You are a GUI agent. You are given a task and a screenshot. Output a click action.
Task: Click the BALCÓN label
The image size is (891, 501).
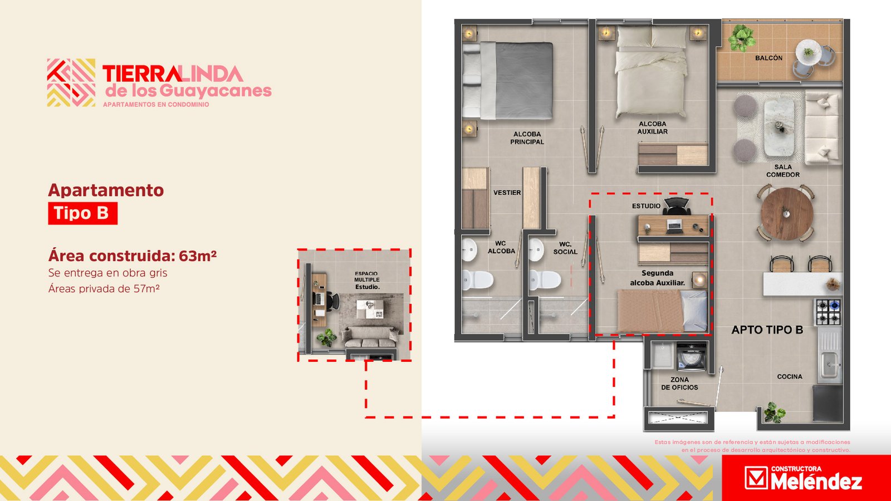768,58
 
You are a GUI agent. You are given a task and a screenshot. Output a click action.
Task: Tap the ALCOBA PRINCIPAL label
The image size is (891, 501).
527,138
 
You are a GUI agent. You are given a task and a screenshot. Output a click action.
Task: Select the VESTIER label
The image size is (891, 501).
507,193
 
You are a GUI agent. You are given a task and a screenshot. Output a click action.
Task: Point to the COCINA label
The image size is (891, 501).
790,376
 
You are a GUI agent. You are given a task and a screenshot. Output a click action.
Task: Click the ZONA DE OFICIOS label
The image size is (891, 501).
679,384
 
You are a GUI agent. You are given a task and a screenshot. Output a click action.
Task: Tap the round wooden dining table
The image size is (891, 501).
787,214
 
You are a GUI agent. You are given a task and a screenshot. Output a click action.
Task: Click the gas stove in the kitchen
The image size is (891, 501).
829,312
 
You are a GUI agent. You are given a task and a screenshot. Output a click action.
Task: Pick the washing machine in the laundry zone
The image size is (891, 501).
692,357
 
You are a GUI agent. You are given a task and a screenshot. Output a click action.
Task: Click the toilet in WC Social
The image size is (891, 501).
545,280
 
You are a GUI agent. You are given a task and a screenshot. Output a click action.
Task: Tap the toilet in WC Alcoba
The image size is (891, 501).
478,280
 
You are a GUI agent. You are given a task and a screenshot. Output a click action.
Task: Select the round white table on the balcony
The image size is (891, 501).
808,52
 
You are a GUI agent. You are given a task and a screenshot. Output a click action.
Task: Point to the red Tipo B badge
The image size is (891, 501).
83,213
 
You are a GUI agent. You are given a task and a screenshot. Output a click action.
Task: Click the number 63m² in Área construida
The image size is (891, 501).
198,256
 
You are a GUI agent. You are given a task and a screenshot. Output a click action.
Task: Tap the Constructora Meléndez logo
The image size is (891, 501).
803,478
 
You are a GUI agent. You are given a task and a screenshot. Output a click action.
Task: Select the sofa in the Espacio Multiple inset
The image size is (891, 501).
370,337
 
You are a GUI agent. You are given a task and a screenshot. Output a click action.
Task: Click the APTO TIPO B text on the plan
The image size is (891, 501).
767,330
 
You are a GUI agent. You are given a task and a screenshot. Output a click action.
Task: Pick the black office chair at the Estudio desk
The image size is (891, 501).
676,206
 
